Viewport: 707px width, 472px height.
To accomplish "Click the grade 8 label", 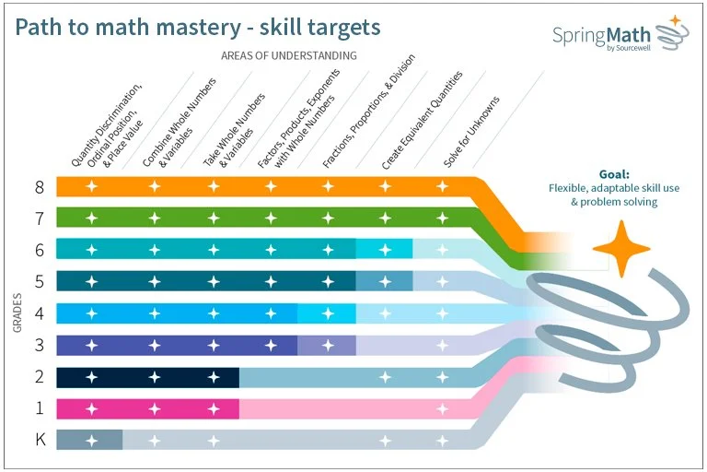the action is coord(40,187).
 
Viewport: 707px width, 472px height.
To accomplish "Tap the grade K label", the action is coord(40,439).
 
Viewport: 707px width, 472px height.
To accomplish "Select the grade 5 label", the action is coord(40,281).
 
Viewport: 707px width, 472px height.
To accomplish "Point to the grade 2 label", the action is coord(40,376).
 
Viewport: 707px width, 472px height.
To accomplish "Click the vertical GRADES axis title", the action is coord(17,313).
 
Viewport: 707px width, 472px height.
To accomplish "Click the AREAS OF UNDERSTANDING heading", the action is coord(289,55).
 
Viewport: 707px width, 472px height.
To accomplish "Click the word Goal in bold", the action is coord(613,173).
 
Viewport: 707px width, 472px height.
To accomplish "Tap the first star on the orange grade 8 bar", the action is coord(91,187).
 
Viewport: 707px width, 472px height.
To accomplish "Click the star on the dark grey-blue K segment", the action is coord(91,440).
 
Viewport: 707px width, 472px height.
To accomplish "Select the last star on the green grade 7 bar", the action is coord(443,218).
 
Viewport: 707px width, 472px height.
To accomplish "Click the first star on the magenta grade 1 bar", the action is coord(91,407).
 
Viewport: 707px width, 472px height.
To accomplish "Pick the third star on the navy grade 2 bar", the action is coord(214,376).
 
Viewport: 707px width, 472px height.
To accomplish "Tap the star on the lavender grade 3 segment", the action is coord(327,345).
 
